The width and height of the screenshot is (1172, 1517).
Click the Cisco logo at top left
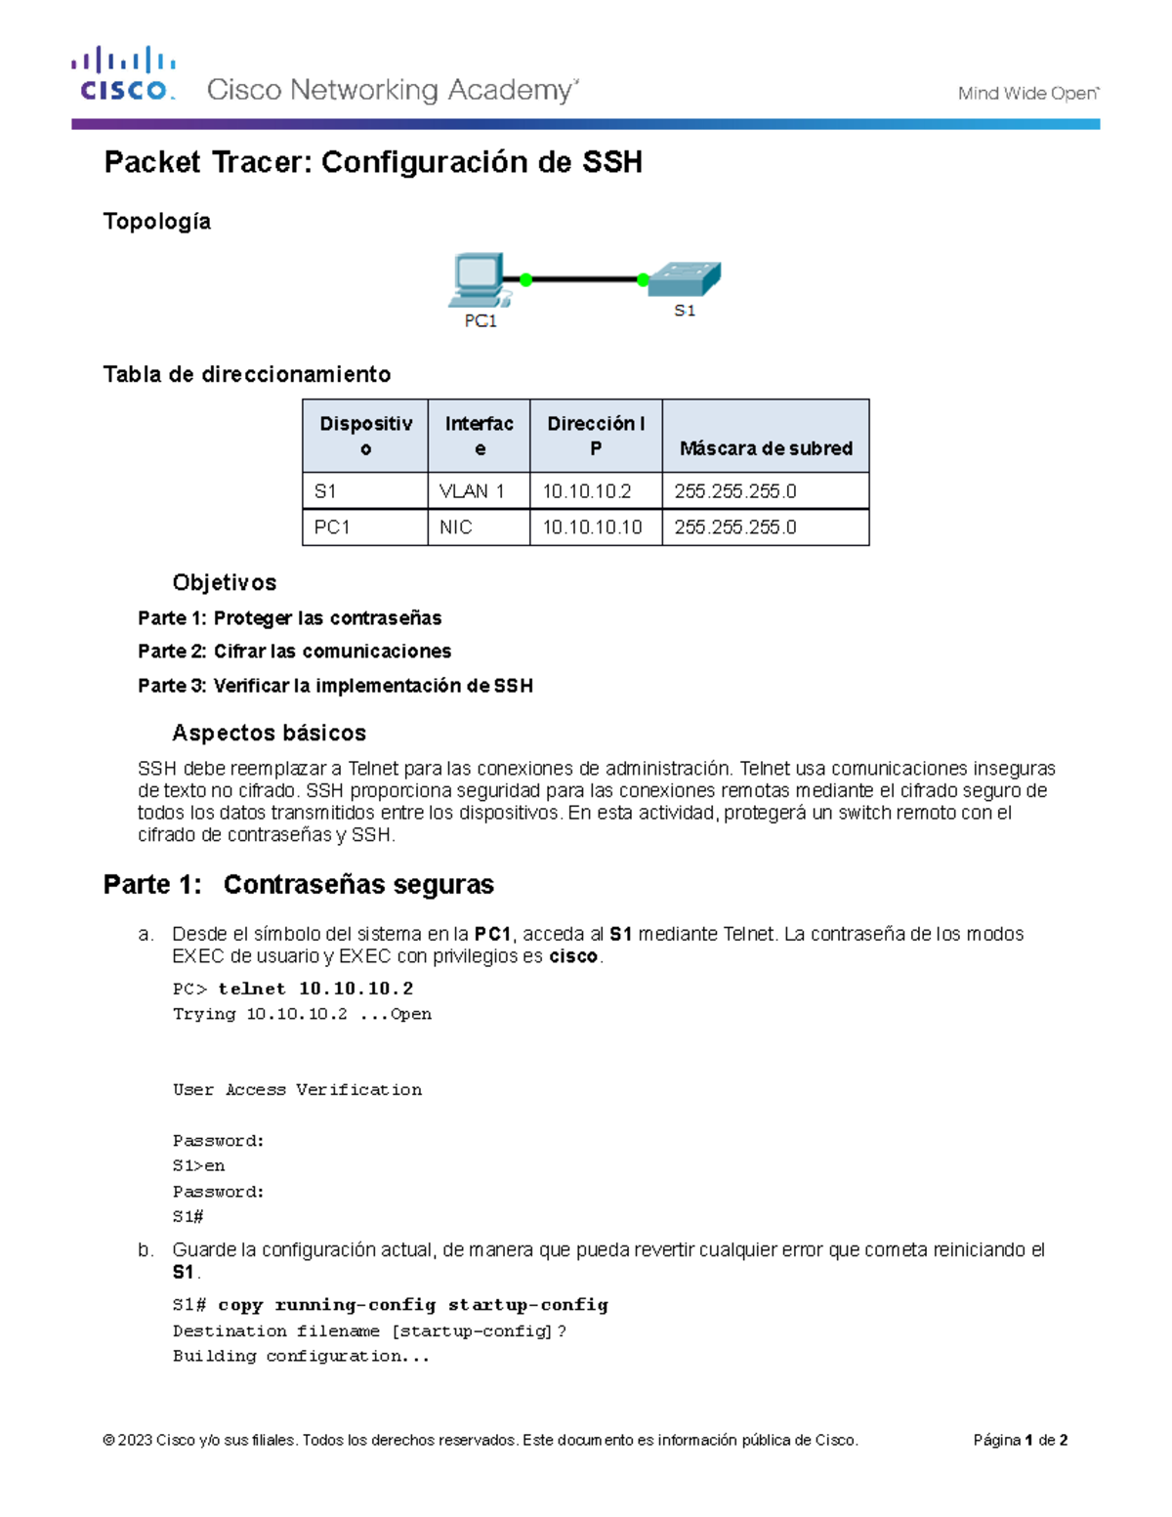pos(123,74)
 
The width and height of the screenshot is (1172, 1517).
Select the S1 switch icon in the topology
pos(685,278)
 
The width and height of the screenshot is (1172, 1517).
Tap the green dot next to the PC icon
pos(525,280)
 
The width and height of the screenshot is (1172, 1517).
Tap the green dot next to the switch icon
pos(643,280)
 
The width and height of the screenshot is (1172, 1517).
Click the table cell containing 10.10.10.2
pos(587,491)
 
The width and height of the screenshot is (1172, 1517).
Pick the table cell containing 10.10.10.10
pos(592,527)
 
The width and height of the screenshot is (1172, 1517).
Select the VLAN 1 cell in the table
pos(472,491)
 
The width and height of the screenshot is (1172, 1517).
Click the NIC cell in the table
pos(456,527)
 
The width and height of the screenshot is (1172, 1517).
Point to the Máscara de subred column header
pos(766,448)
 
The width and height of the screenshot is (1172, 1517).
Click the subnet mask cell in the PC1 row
pos(735,527)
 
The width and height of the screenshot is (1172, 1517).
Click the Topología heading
pos(157,222)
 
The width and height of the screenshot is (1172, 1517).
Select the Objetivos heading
pos(224,583)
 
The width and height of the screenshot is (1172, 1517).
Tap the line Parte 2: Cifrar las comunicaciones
pos(294,652)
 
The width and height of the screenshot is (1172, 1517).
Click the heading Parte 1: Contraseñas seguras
pos(298,885)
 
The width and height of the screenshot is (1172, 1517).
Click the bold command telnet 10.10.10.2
pos(315,989)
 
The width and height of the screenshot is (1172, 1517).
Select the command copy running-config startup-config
pos(412,1305)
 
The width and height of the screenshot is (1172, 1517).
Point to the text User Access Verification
pos(297,1090)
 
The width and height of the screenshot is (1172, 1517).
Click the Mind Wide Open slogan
pos(1027,94)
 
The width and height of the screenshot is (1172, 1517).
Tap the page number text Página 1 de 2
pos(1020,1440)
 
